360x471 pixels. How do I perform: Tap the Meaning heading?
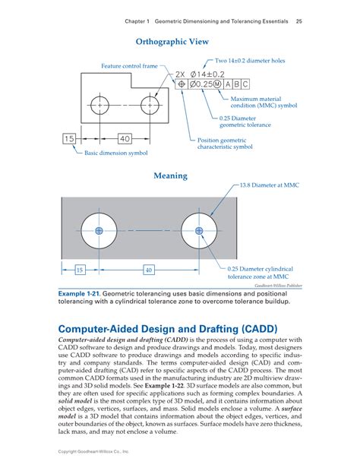170,175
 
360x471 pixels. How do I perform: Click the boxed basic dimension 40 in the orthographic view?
125,138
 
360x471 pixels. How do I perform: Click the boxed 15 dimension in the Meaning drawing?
80,270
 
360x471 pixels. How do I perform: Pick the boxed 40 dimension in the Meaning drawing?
148,270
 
